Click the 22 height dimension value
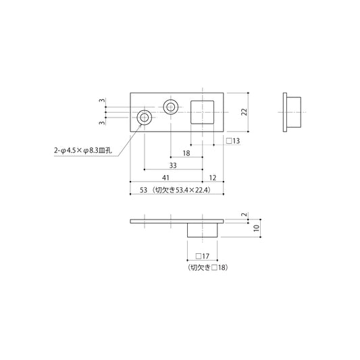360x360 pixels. [x=245, y=112]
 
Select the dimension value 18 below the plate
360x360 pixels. [x=186, y=153]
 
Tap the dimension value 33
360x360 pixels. [x=173, y=165]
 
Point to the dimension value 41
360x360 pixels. [x=165, y=178]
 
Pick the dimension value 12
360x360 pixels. [x=213, y=178]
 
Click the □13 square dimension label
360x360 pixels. [x=233, y=140]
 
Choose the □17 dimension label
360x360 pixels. [x=202, y=256]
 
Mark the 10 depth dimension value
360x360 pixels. [x=256, y=228]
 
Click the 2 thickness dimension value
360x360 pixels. [x=245, y=214]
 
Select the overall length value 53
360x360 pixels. [x=143, y=190]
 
